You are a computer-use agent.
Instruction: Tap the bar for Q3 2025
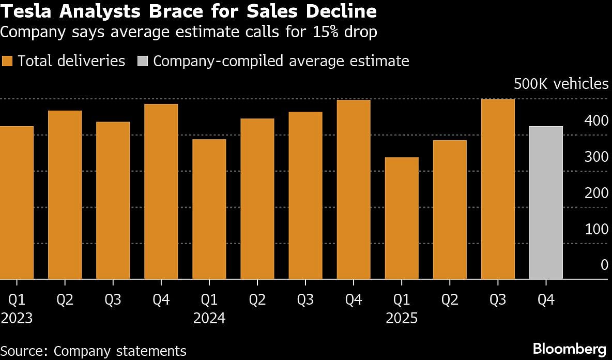[498, 189]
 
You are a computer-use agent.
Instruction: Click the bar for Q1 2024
[209, 209]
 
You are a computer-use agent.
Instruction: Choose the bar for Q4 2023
[161, 192]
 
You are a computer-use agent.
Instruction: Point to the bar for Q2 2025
[450, 210]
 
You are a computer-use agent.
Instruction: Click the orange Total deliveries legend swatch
[7, 61]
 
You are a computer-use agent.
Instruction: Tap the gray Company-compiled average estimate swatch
[142, 61]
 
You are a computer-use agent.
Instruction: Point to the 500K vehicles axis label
[561, 84]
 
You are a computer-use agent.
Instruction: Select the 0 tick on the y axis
[604, 265]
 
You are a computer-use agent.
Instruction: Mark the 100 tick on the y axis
[596, 229]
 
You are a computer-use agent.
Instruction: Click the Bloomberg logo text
[569, 348]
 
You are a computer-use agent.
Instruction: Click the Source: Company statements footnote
[94, 351]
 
